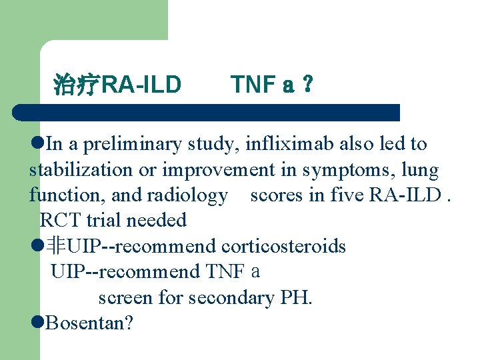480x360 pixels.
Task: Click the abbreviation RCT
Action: (x=57, y=220)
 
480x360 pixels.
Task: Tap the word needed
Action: (x=158, y=220)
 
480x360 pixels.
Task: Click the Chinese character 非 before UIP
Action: (x=56, y=246)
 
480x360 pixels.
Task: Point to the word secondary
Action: (x=231, y=297)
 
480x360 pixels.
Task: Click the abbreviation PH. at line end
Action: (x=296, y=297)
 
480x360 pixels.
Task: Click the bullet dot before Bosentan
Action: (x=37, y=323)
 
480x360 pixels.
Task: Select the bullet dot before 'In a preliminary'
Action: (x=37, y=143)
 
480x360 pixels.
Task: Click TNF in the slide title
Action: (x=253, y=85)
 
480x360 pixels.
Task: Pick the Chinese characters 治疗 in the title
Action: (x=75, y=85)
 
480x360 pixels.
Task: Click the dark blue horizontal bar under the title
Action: (x=207, y=112)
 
